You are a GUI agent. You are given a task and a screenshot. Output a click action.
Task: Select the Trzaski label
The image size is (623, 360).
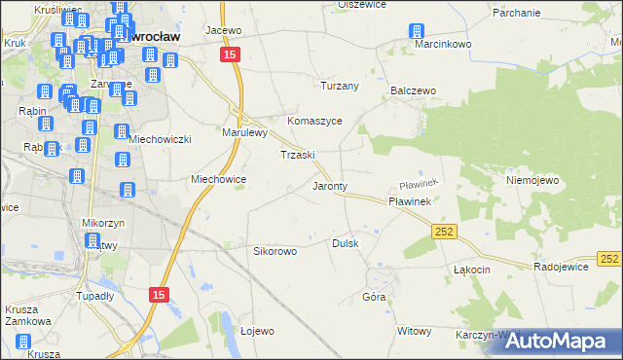point(297,155)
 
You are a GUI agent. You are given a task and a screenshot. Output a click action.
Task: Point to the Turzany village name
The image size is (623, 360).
point(341,86)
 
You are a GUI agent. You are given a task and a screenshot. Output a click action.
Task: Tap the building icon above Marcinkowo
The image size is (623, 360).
point(417,30)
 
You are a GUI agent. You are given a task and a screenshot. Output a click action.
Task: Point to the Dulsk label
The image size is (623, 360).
point(347,243)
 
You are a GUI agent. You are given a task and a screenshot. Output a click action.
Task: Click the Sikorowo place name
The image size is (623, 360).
point(275,250)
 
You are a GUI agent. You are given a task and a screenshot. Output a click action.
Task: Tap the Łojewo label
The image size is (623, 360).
point(257,331)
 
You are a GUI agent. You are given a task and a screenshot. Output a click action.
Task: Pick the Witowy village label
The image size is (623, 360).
point(414,331)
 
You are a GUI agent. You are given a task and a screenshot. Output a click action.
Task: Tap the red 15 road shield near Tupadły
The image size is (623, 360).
point(162,294)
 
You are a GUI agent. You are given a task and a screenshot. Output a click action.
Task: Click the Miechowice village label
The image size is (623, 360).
point(218,179)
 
